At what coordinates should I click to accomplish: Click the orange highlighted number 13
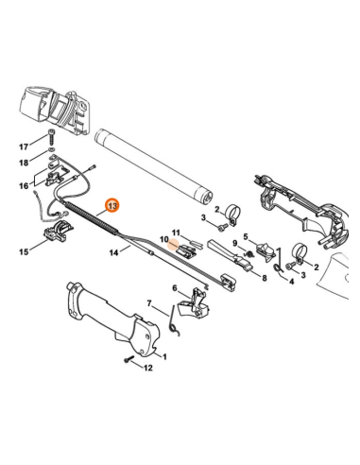[x=112, y=205]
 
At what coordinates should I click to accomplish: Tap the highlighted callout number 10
[x=163, y=241]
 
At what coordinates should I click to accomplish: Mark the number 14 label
[x=112, y=252]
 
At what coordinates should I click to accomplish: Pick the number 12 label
[x=146, y=369]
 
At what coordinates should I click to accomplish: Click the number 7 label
[x=148, y=303]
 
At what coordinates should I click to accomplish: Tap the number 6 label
[x=174, y=288]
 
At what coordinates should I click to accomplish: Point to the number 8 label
[x=265, y=278]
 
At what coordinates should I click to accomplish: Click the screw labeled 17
[x=48, y=138]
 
